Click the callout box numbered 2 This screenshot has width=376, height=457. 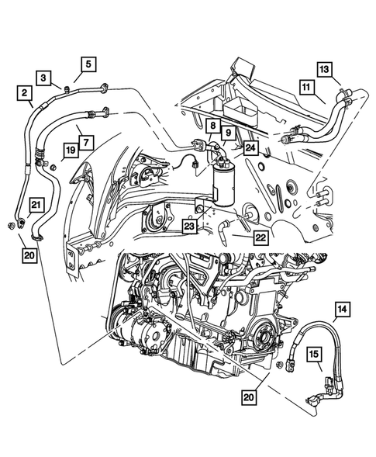click(x=26, y=95)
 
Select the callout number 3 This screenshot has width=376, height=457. click(x=45, y=78)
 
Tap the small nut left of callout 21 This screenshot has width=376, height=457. click(x=8, y=226)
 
